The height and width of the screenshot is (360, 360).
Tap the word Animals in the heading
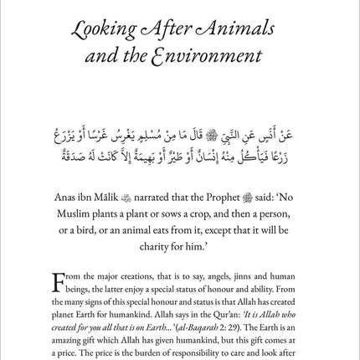pyautogui.click(x=237, y=33)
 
